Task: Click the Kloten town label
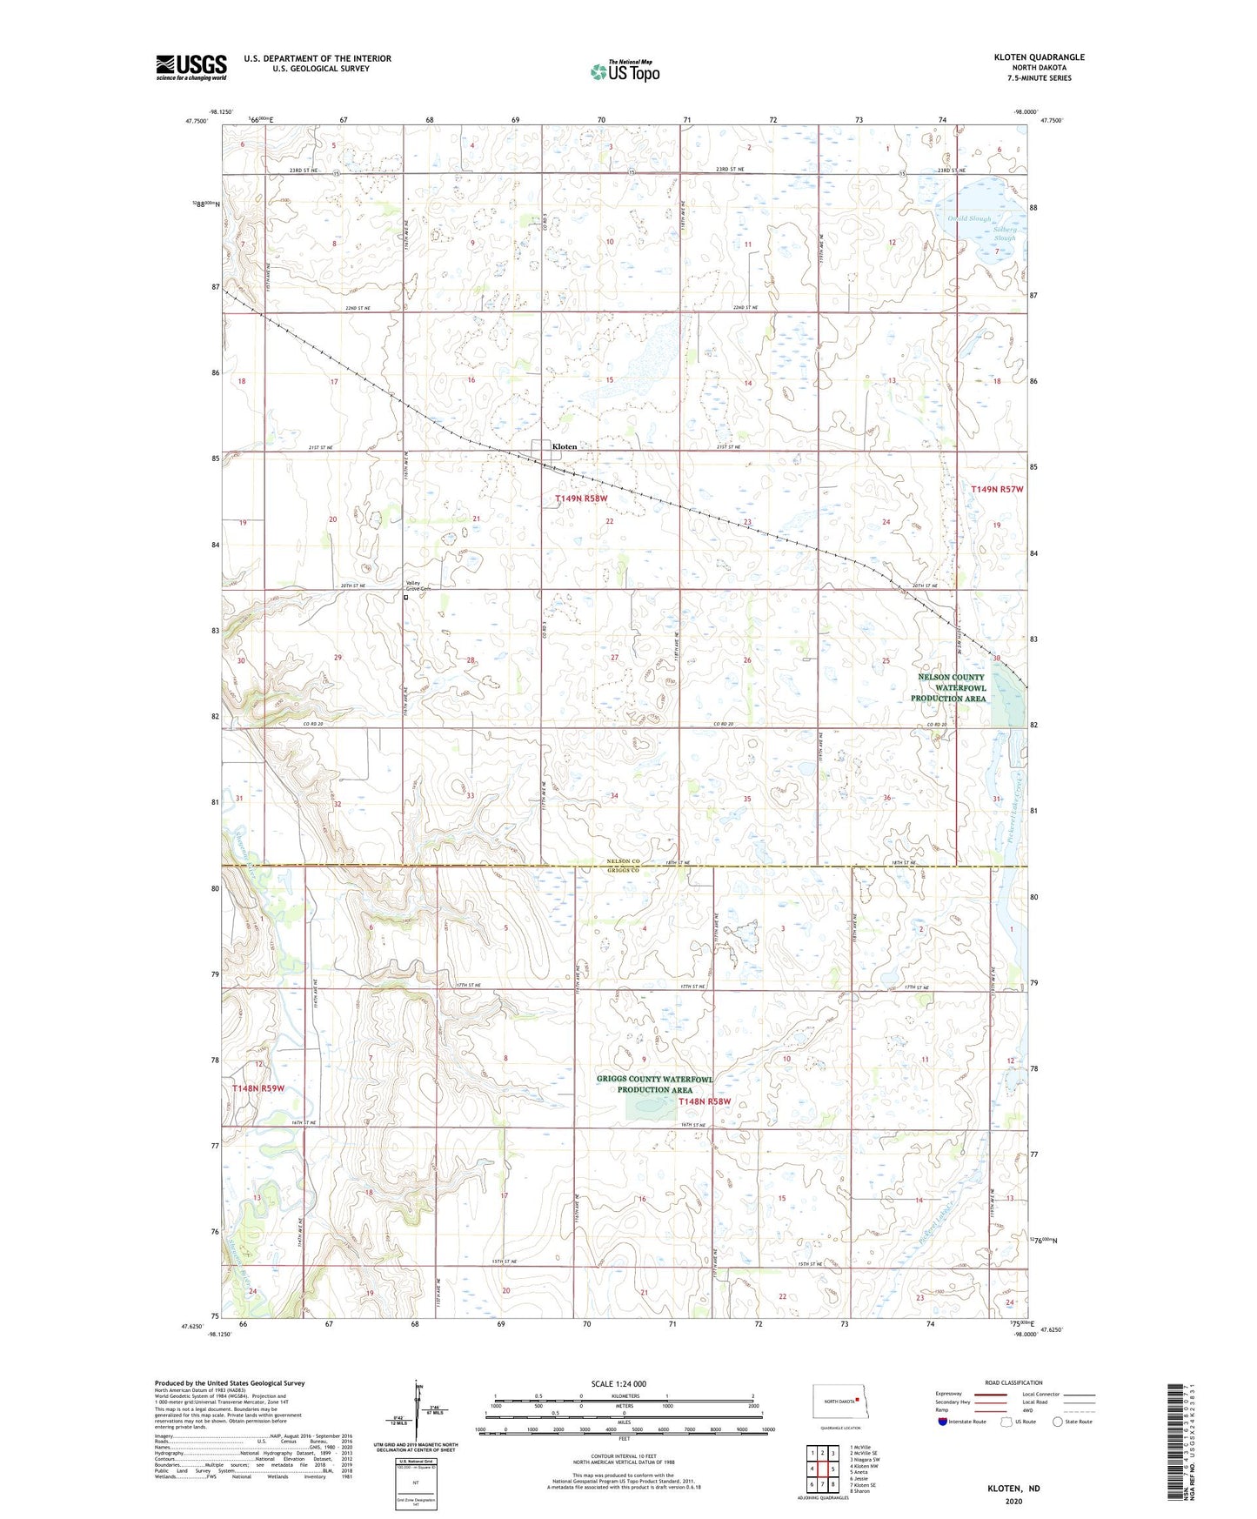[564, 446]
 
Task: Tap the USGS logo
[191, 67]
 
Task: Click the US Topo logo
[625, 71]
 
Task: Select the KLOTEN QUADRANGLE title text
[1039, 57]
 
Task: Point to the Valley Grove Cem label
[418, 586]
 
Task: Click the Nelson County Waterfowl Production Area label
[948, 687]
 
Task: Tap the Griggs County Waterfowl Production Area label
[654, 1084]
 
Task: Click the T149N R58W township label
[581, 499]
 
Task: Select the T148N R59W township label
[258, 1088]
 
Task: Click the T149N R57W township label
[997, 490]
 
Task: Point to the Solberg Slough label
[1004, 234]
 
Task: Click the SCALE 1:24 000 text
[618, 1383]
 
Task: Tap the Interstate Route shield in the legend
[944, 1422]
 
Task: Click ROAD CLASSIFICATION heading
[1013, 1382]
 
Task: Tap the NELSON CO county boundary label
[623, 861]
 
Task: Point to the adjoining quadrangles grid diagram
[822, 1469]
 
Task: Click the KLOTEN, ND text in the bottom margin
[1013, 1489]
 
